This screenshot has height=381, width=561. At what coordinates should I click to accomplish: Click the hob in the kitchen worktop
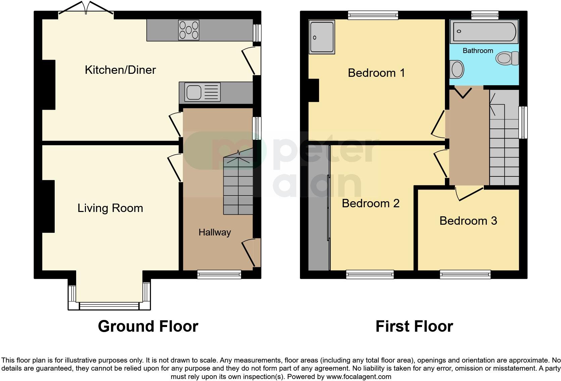(x=189, y=30)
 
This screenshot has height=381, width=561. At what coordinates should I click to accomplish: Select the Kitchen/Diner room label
(x=120, y=70)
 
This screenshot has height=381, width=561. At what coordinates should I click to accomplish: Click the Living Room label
(x=110, y=208)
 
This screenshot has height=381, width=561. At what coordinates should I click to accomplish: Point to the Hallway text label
(x=214, y=232)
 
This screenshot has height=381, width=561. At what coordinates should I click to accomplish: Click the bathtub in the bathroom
(x=483, y=32)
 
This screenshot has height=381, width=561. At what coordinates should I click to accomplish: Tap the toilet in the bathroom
(x=507, y=58)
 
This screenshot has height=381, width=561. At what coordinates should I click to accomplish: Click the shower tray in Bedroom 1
(x=322, y=37)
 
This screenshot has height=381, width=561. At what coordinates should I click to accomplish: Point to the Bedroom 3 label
(x=468, y=221)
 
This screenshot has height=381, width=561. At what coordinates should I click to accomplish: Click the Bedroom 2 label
(x=370, y=203)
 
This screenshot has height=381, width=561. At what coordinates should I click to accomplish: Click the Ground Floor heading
(x=148, y=326)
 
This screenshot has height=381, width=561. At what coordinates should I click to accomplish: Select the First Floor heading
(x=414, y=326)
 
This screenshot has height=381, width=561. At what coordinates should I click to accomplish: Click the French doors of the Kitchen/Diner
(x=86, y=9)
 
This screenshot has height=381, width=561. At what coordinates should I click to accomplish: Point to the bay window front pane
(x=109, y=306)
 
